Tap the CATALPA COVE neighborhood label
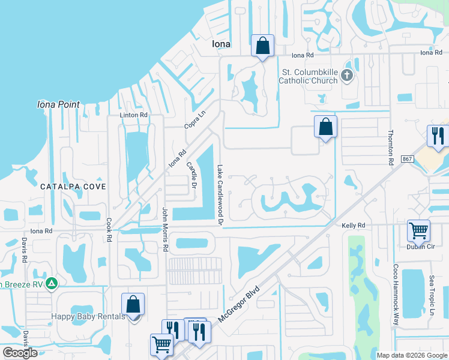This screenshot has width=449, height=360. pyautogui.click(x=73, y=187)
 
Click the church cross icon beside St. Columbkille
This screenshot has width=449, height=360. pyautogui.click(x=346, y=76)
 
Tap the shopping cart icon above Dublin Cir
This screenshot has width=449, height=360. pyautogui.click(x=418, y=230)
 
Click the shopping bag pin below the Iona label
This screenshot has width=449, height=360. pyautogui.click(x=262, y=45)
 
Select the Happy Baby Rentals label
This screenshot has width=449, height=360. pyautogui.click(x=88, y=317)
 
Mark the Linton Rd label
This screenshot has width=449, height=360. pyautogui.click(x=133, y=115)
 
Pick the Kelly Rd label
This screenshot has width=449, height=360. pyautogui.click(x=354, y=225)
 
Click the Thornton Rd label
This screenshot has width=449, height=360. pyautogui.click(x=391, y=148)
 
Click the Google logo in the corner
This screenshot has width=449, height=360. pyautogui.click(x=20, y=353)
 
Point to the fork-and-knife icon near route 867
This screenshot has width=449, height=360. pyautogui.click(x=437, y=136)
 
